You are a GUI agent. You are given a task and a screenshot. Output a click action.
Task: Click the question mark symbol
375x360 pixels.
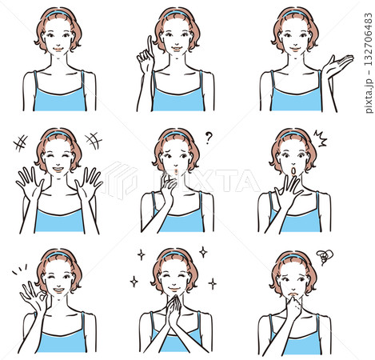click(209, 138)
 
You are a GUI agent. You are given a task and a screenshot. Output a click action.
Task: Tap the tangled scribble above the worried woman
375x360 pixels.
click(325, 257)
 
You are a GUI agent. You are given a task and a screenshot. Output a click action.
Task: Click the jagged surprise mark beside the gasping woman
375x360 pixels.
click(320, 138)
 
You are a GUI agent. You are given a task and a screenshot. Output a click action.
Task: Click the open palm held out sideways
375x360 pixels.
click(338, 65)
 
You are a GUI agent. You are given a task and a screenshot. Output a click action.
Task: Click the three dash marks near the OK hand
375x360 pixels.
click(19, 269)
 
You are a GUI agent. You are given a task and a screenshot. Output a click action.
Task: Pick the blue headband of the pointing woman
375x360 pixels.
click(176, 13)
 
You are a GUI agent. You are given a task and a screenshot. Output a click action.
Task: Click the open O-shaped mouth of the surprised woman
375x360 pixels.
click(293, 171)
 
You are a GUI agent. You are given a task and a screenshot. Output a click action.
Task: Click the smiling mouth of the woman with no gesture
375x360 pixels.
click(58, 50)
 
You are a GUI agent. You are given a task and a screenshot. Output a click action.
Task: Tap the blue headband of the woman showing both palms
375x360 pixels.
click(58, 134)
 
